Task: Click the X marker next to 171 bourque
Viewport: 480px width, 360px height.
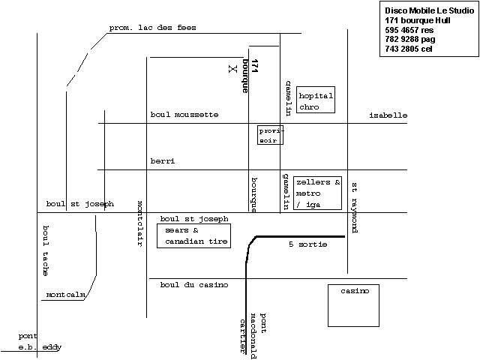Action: coord(232,68)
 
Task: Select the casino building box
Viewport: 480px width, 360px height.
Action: coord(354,304)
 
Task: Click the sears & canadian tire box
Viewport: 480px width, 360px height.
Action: coord(193,236)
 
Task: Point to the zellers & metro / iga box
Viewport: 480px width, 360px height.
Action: coord(317,193)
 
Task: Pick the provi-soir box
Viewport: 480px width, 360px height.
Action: coord(270,134)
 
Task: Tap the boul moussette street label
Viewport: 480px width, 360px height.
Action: coord(184,115)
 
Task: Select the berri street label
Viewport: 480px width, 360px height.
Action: coord(162,161)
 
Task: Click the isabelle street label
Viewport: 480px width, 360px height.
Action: coord(388,115)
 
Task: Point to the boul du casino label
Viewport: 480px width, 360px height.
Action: coord(193,285)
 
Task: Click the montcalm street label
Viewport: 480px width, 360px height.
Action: coord(66,295)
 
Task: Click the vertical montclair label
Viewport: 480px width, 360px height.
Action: coord(139,222)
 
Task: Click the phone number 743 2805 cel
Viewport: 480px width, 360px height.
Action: coord(409,49)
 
